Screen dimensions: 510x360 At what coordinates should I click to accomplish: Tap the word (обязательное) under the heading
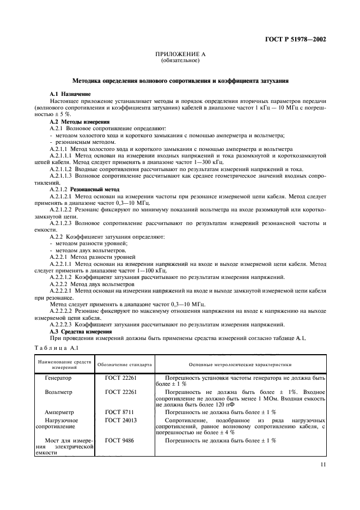[x=180, y=60]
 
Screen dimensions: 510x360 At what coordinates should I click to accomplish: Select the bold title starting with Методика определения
[x=180, y=81]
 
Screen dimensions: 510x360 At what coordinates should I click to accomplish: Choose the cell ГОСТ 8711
[x=118, y=412]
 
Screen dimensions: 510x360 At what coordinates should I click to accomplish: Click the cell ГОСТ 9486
[x=118, y=440]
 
